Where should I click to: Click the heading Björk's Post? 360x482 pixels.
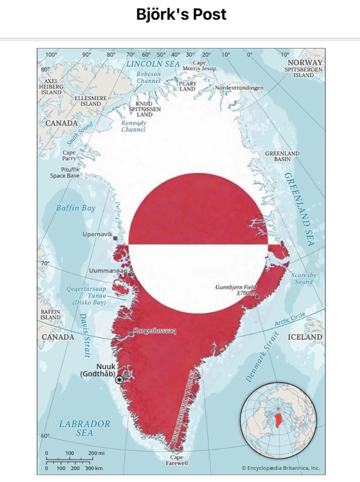181,14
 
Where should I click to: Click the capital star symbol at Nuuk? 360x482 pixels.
120,380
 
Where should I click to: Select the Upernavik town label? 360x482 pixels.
97,234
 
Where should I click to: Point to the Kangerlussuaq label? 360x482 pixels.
154,331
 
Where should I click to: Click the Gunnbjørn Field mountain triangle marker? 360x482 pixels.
257,294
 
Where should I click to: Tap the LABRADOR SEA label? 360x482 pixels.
85,428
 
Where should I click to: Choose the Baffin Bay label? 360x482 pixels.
76,208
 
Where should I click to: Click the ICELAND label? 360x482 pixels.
305,337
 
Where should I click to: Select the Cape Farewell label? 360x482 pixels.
177,460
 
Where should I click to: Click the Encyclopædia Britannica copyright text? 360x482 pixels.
280,468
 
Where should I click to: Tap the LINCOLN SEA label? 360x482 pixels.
153,64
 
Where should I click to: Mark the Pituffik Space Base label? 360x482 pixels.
64,173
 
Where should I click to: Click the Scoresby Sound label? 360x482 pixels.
304,278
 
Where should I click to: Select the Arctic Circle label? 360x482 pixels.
290,320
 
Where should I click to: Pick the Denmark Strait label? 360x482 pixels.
263,357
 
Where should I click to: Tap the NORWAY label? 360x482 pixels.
305,62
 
